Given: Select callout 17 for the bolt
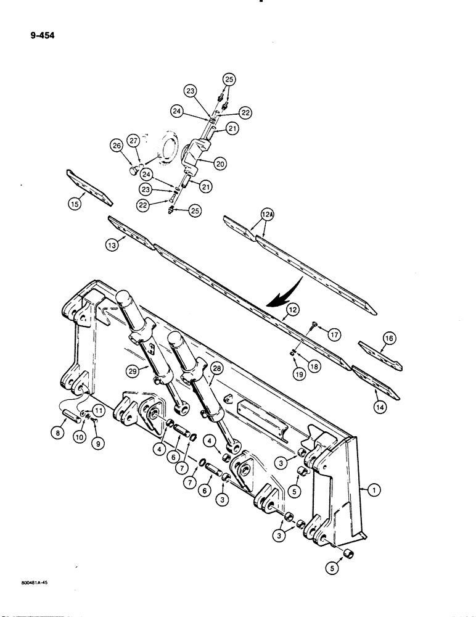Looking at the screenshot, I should click(x=334, y=336).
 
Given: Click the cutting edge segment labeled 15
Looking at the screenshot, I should click(x=89, y=187).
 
